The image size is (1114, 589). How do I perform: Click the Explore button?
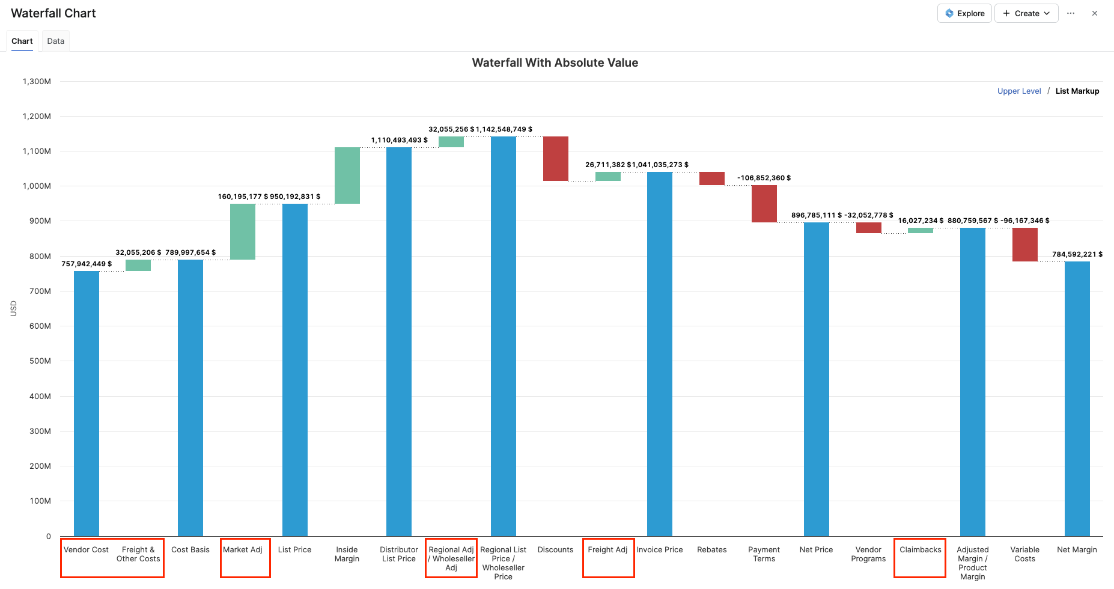click(964, 13)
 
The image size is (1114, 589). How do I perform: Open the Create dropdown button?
click(1026, 13)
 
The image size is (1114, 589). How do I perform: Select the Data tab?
click(55, 41)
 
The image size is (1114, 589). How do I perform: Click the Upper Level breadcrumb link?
click(1019, 91)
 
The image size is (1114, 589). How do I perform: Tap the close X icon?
click(1095, 13)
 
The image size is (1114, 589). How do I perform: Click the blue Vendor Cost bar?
click(87, 403)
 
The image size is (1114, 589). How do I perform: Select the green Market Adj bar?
click(243, 231)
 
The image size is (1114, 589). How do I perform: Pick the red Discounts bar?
click(556, 159)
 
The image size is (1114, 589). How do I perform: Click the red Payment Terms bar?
click(764, 204)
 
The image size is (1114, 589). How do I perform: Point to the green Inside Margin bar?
click(347, 175)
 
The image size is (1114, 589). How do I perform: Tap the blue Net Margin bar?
click(1077, 398)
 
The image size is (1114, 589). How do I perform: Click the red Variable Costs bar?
click(1025, 245)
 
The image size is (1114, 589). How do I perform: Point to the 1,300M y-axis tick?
click(37, 81)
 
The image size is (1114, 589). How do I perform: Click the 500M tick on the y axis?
click(40, 361)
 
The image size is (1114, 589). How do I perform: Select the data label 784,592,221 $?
click(1077, 254)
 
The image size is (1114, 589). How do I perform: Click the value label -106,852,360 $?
click(764, 178)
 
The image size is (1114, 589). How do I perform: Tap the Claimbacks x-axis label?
click(921, 550)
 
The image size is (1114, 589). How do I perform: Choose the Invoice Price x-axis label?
click(660, 550)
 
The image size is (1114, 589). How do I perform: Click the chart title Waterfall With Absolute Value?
click(555, 63)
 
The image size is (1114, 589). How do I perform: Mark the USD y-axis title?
click(13, 308)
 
